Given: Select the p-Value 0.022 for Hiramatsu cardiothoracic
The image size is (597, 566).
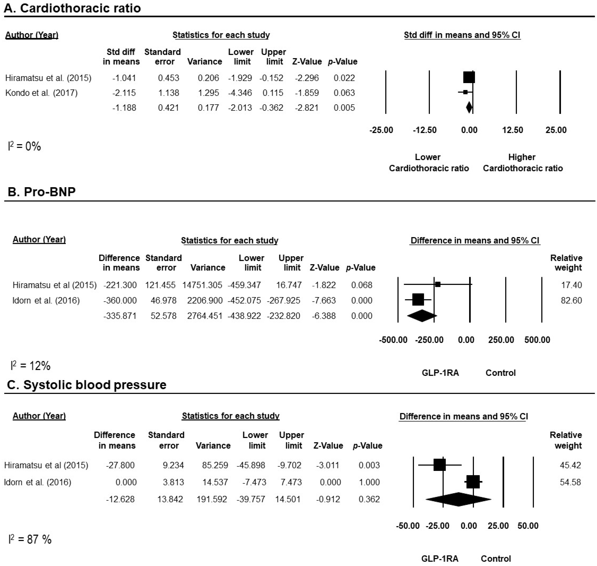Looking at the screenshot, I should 344,78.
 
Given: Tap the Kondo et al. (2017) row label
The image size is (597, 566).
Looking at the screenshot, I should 41,93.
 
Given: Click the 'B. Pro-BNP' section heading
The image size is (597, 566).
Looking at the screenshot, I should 41,192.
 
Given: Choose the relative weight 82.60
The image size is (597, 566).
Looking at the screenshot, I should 571,301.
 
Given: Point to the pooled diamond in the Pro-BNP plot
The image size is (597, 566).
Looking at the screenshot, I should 422,316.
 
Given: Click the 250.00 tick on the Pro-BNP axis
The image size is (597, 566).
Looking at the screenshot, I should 501,340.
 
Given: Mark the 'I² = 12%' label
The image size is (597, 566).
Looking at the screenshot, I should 30,366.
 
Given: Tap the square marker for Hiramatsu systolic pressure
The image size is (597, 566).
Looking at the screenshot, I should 440,465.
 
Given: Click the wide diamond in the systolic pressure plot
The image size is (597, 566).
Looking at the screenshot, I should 458,499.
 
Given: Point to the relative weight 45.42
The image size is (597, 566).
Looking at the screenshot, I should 570,465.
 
